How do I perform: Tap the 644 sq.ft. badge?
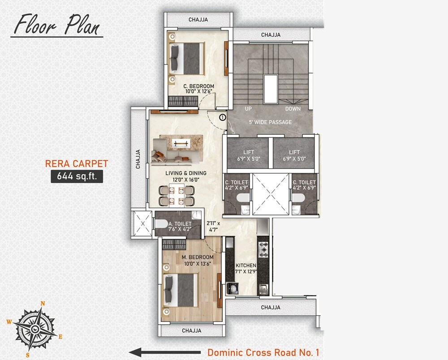tap(77, 176)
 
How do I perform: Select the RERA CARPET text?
tap(76, 163)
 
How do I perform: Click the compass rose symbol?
tap(35, 329)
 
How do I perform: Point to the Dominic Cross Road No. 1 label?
tap(263, 352)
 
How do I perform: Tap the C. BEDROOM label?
tap(198, 86)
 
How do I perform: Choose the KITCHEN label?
tap(246, 266)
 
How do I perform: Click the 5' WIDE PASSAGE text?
tap(270, 122)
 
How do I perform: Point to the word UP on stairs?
tap(249, 109)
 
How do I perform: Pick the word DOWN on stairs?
tap(293, 109)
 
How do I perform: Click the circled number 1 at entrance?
tap(222, 117)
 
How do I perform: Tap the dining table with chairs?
tap(178, 196)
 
